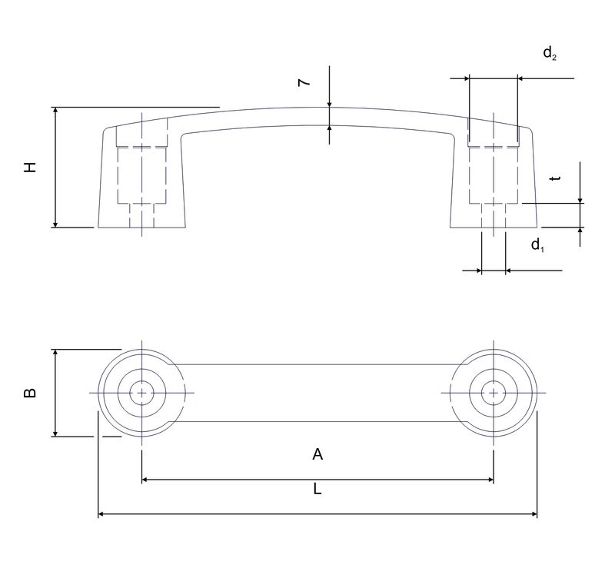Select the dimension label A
click(x=317, y=455)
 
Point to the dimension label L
click(x=317, y=490)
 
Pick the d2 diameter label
click(x=550, y=53)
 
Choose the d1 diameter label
click(x=538, y=246)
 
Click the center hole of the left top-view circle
click(x=141, y=393)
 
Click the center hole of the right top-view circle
click(x=493, y=393)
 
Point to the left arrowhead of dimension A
click(x=146, y=480)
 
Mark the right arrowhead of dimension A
click(x=489, y=480)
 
